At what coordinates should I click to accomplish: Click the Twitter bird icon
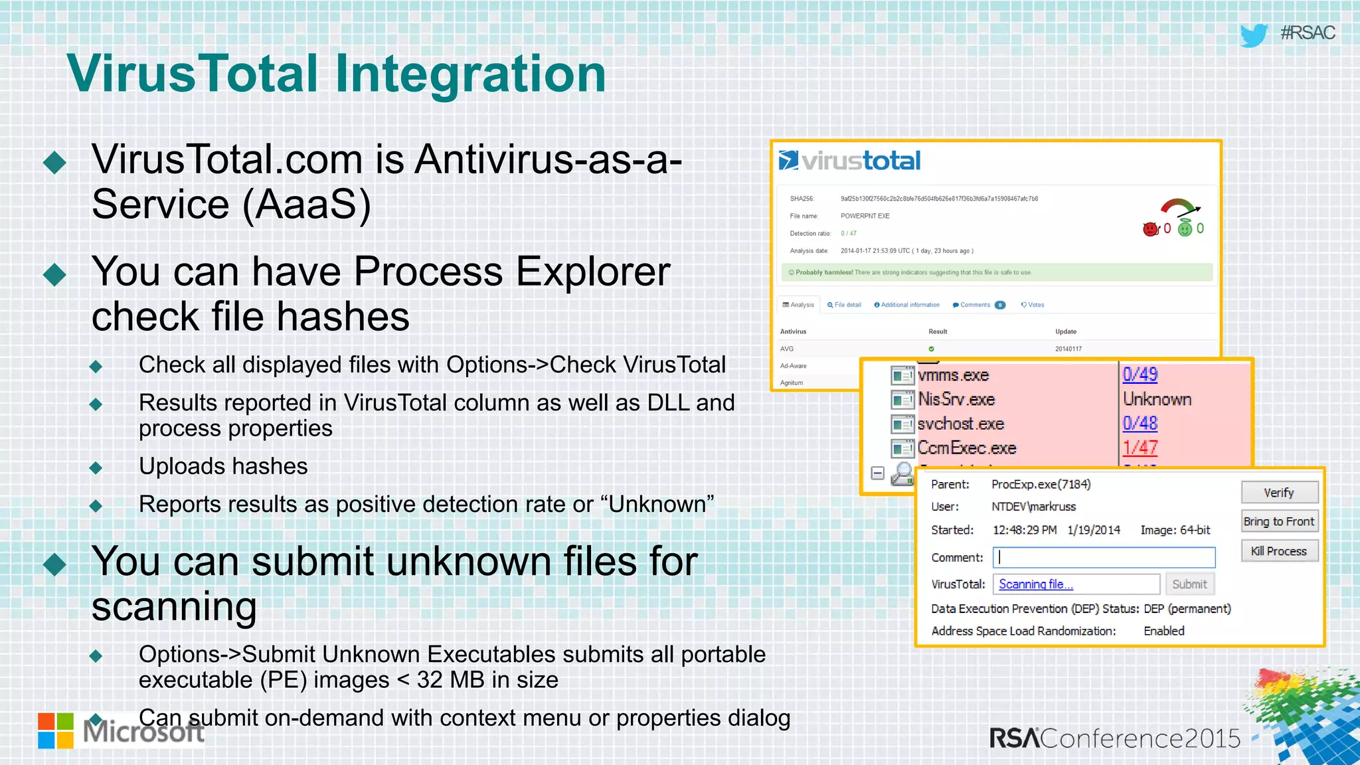1253,35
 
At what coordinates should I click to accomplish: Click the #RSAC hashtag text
1307,33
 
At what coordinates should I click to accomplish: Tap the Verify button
1279,493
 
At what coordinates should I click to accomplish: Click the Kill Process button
1279,551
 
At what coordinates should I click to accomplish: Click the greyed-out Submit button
1189,584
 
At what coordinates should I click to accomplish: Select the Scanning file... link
1035,584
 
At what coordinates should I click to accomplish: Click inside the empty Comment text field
1104,557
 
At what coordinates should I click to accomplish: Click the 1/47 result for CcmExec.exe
1140,448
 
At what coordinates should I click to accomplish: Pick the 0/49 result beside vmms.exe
1140,375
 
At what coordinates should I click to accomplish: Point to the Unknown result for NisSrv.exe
1157,399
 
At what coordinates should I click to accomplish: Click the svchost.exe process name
960,424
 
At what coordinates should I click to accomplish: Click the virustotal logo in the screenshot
850,161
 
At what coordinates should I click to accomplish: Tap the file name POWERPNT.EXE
865,216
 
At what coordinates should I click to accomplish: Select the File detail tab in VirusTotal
845,305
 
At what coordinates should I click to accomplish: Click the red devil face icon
1150,229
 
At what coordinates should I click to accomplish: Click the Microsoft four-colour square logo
56,730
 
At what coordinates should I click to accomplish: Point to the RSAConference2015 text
1114,738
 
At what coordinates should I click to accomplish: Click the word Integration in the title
470,73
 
